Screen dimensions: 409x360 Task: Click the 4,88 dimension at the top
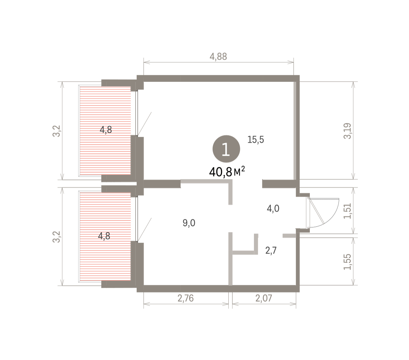pyautogui.click(x=218, y=57)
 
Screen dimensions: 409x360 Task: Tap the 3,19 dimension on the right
pyautogui.click(x=347, y=131)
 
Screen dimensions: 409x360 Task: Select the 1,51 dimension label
pyautogui.click(x=347, y=211)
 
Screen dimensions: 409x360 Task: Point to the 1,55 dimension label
pyautogui.click(x=347, y=262)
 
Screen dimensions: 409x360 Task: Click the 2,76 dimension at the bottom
pyautogui.click(x=185, y=298)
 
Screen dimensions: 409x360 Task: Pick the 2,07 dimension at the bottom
pyautogui.click(x=264, y=298)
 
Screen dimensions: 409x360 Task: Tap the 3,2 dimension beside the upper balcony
pyautogui.click(x=57, y=131)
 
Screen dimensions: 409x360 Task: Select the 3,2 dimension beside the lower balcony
pyautogui.click(x=57, y=237)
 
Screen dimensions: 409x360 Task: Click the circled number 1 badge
pyautogui.click(x=226, y=149)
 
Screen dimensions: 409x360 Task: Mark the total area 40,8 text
pyautogui.click(x=221, y=172)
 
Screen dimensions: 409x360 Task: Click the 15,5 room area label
pyautogui.click(x=256, y=139)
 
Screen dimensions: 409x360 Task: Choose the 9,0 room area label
pyautogui.click(x=189, y=223)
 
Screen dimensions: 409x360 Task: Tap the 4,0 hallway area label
pyautogui.click(x=273, y=209)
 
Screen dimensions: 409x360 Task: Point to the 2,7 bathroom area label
pyautogui.click(x=271, y=251)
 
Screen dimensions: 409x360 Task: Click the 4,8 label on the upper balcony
pyautogui.click(x=106, y=130)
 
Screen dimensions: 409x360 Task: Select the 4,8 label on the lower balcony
pyautogui.click(x=104, y=236)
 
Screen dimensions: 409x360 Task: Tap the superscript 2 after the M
pyautogui.click(x=243, y=169)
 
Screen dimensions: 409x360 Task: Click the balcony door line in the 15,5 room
pyautogui.click(x=145, y=124)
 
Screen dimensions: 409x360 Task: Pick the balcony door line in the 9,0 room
pyautogui.click(x=145, y=229)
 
